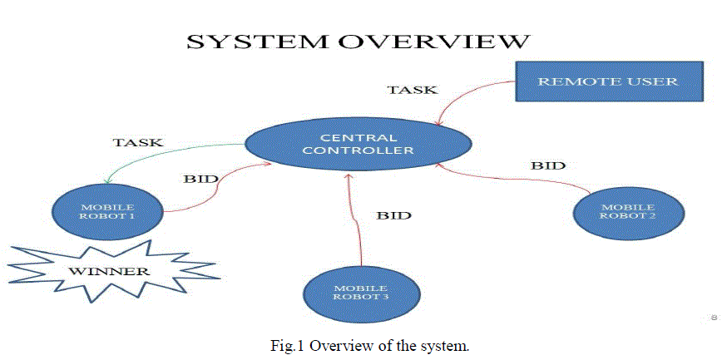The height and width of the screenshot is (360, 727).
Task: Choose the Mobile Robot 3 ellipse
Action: (361, 290)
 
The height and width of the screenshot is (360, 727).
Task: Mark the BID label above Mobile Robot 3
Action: (394, 215)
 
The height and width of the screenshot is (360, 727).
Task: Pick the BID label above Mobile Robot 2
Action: (548, 165)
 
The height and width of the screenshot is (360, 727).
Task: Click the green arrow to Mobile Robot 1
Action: (158, 155)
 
